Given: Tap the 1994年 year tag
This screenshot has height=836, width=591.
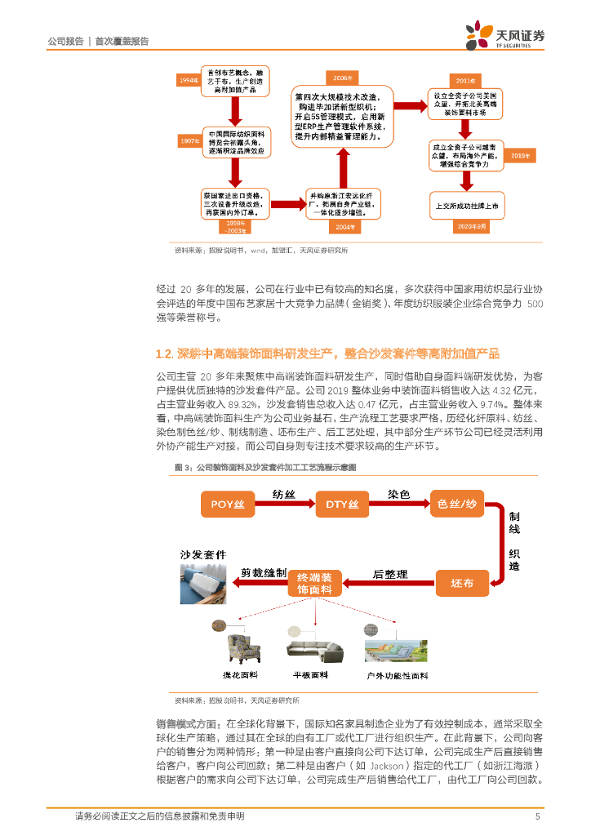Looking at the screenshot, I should (x=189, y=80).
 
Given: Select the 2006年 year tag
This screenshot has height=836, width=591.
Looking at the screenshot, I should (x=341, y=78).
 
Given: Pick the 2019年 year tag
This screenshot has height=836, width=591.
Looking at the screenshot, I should (x=519, y=154).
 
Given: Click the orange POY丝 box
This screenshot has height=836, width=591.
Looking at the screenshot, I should (x=228, y=504).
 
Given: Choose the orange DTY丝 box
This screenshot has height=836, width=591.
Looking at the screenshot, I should (x=342, y=504).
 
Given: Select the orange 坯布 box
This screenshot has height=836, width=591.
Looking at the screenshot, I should (x=461, y=583).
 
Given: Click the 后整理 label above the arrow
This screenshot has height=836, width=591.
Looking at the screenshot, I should (x=389, y=574).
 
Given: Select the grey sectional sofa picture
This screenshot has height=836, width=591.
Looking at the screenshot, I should (x=314, y=645).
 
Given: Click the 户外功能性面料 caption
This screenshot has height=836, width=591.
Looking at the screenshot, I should (x=398, y=676).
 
